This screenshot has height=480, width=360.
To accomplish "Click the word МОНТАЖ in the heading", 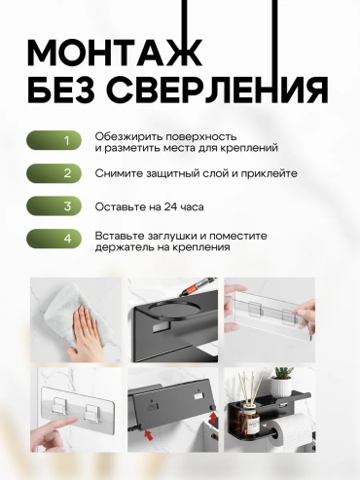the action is (x=115, y=54).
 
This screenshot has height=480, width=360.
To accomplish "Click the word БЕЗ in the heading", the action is (x=61, y=89).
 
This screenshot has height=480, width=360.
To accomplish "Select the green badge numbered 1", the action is (x=54, y=140).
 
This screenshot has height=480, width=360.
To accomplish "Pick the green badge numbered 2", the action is (x=54, y=173).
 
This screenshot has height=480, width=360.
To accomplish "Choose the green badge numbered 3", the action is (x=54, y=206).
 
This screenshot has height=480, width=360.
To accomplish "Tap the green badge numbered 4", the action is (x=54, y=239).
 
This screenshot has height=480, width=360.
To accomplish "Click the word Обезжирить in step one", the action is (x=128, y=136).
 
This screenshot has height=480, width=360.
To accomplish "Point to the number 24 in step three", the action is (x=171, y=206).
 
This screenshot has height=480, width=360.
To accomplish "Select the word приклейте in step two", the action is (x=270, y=173).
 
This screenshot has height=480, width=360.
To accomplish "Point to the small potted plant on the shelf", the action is (x=281, y=382).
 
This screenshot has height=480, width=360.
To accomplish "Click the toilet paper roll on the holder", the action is (x=291, y=428).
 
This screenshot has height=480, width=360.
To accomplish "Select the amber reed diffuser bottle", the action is (x=249, y=422).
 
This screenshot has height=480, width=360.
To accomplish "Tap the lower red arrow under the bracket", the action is (x=149, y=435).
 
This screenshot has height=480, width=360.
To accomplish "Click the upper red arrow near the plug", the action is (x=213, y=418).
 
